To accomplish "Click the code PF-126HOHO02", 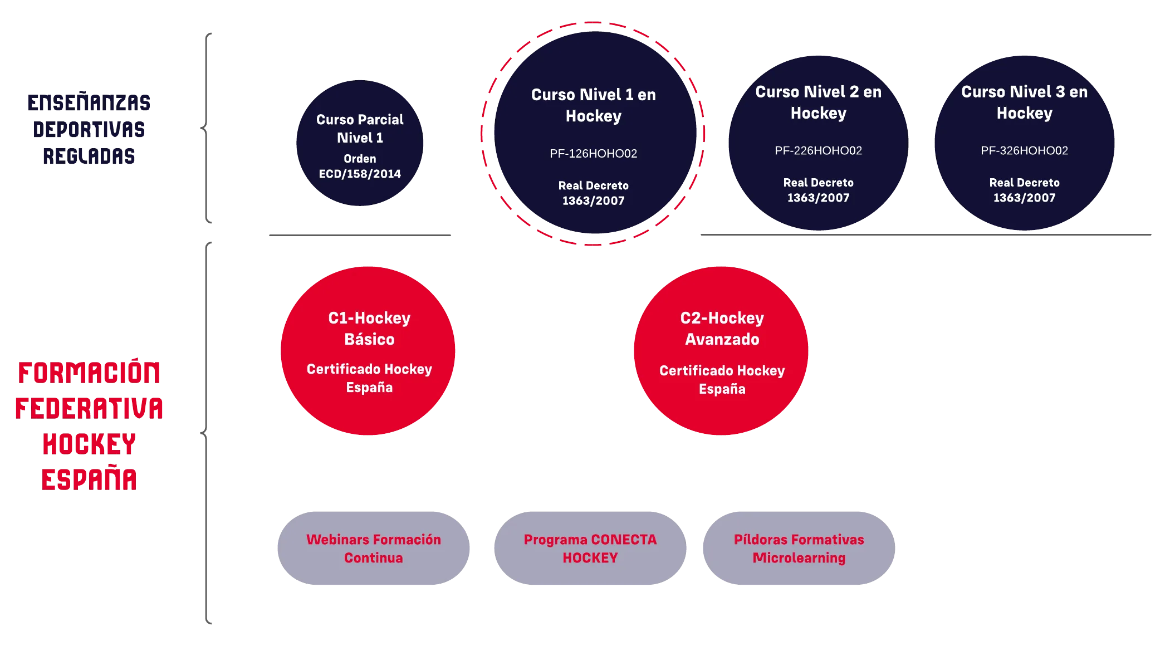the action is pyautogui.click(x=594, y=154).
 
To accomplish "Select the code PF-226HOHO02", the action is pyautogui.click(x=819, y=150).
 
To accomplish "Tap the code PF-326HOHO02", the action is pyautogui.click(x=1025, y=150).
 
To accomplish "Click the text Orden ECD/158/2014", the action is pyautogui.click(x=360, y=166).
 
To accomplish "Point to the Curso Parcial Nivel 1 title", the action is pyautogui.click(x=360, y=129).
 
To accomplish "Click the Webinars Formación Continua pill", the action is pyautogui.click(x=374, y=548).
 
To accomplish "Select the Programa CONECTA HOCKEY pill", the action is pyautogui.click(x=590, y=548).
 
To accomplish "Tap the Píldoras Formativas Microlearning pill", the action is pyautogui.click(x=799, y=548).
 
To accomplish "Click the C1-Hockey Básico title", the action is pyautogui.click(x=369, y=329).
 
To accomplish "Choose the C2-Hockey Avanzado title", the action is pyautogui.click(x=722, y=329).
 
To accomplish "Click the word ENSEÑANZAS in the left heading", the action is pyautogui.click(x=89, y=102).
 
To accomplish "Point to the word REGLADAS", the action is pyautogui.click(x=89, y=156).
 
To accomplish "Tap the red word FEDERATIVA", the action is pyautogui.click(x=89, y=408).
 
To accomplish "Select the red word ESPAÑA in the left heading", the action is pyautogui.click(x=89, y=479).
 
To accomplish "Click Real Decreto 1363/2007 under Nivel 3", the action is pyautogui.click(x=1025, y=190).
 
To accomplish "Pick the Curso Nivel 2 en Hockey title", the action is pyautogui.click(x=819, y=102).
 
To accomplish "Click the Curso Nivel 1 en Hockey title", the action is pyautogui.click(x=594, y=105).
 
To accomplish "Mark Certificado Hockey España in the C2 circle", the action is pyautogui.click(x=722, y=380).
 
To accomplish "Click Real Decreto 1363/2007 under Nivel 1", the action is pyautogui.click(x=594, y=193).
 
